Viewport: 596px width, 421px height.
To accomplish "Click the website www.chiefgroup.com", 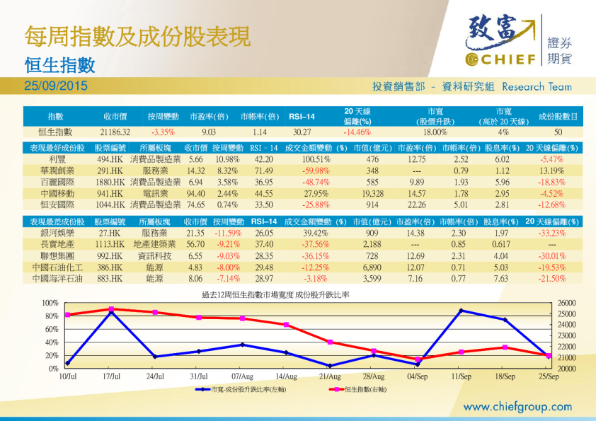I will [517, 406].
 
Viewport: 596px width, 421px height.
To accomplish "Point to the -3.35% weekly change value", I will [163, 132].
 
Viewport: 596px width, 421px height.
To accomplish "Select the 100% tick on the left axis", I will [50, 303].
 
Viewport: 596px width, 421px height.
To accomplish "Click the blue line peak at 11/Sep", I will [462, 310].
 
